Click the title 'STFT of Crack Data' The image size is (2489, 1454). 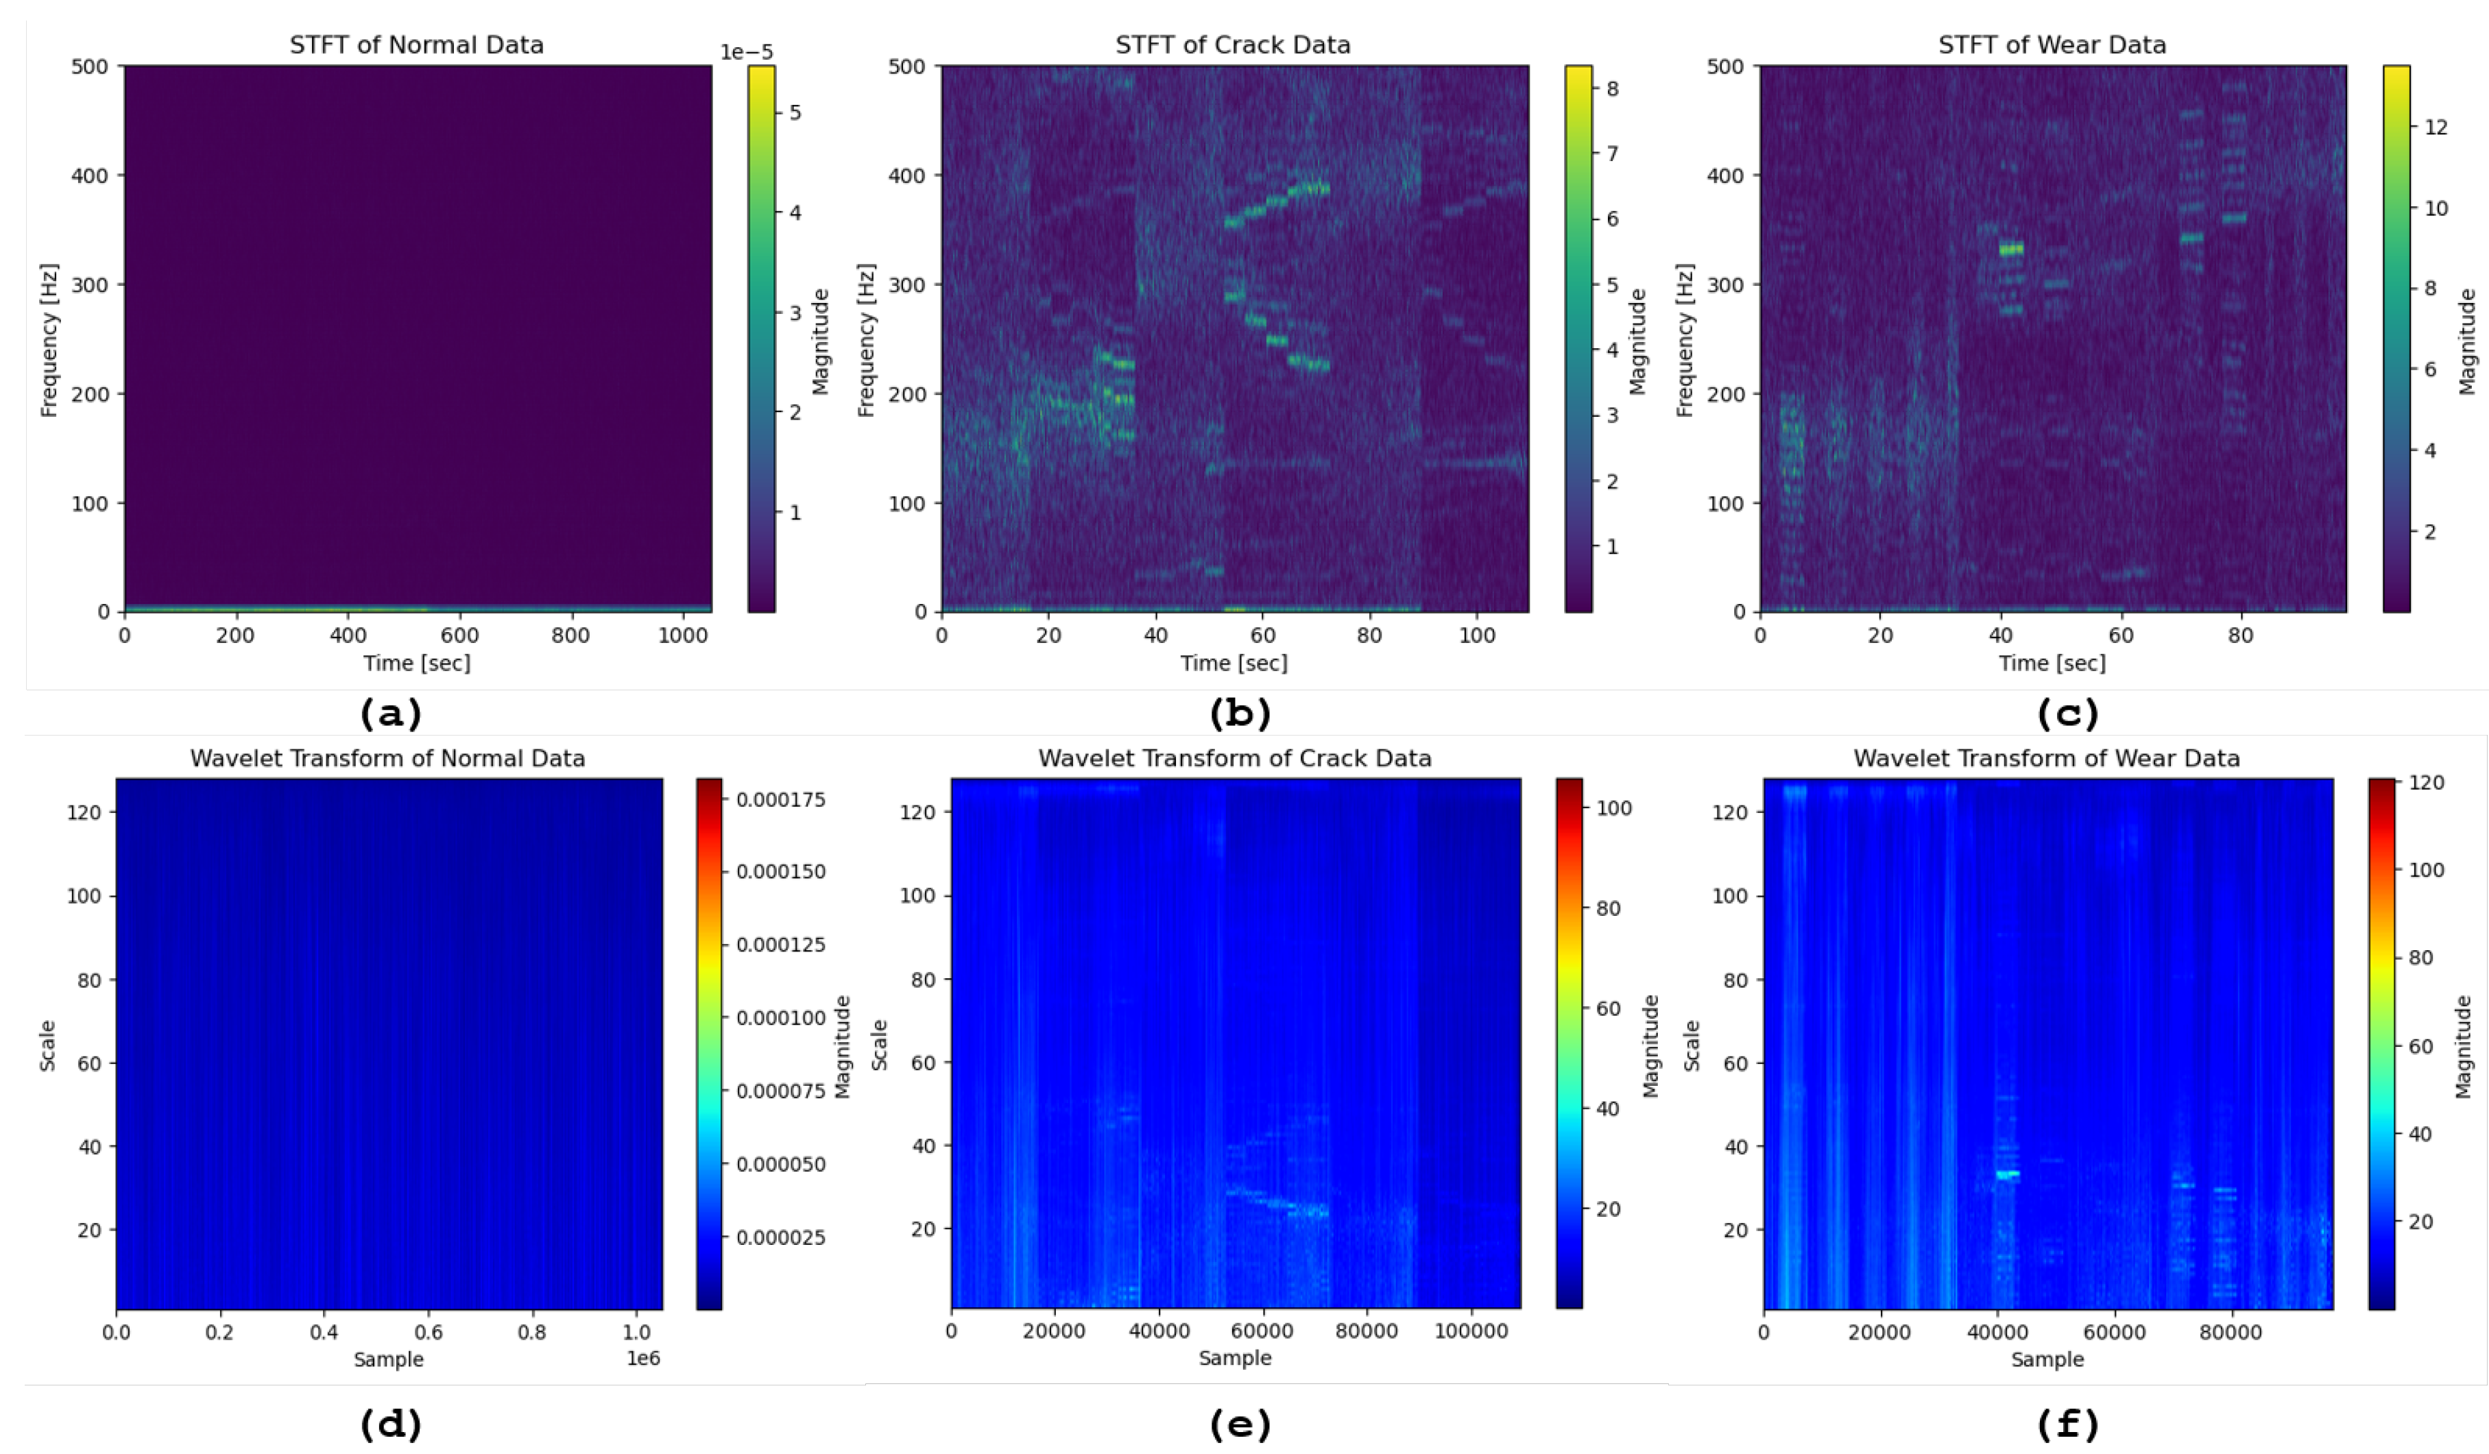pyautogui.click(x=1233, y=45)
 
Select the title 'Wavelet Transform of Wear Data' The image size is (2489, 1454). pyautogui.click(x=2047, y=759)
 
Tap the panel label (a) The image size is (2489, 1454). pyautogui.click(x=391, y=713)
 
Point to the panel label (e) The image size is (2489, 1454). pyautogui.click(x=1240, y=1425)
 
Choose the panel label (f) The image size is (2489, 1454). pyautogui.click(x=2068, y=1425)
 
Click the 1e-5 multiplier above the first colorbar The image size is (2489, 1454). pyautogui.click(x=746, y=52)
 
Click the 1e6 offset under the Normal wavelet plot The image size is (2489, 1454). pyautogui.click(x=643, y=1358)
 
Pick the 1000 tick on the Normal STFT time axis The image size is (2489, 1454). pyautogui.click(x=682, y=635)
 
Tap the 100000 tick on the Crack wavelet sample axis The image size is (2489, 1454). pyautogui.click(x=1471, y=1331)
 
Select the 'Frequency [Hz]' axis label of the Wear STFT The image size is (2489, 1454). pyautogui.click(x=1685, y=340)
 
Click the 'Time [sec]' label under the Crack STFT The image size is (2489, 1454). pyautogui.click(x=1234, y=663)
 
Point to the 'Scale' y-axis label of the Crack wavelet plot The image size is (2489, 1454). pyautogui.click(x=879, y=1045)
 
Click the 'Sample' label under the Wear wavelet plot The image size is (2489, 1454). pyautogui.click(x=2047, y=1359)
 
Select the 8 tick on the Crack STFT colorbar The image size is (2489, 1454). pyautogui.click(x=1612, y=89)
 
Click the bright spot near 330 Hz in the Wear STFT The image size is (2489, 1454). pyautogui.click(x=2011, y=249)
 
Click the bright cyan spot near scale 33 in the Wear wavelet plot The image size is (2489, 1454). pyautogui.click(x=2007, y=1174)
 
